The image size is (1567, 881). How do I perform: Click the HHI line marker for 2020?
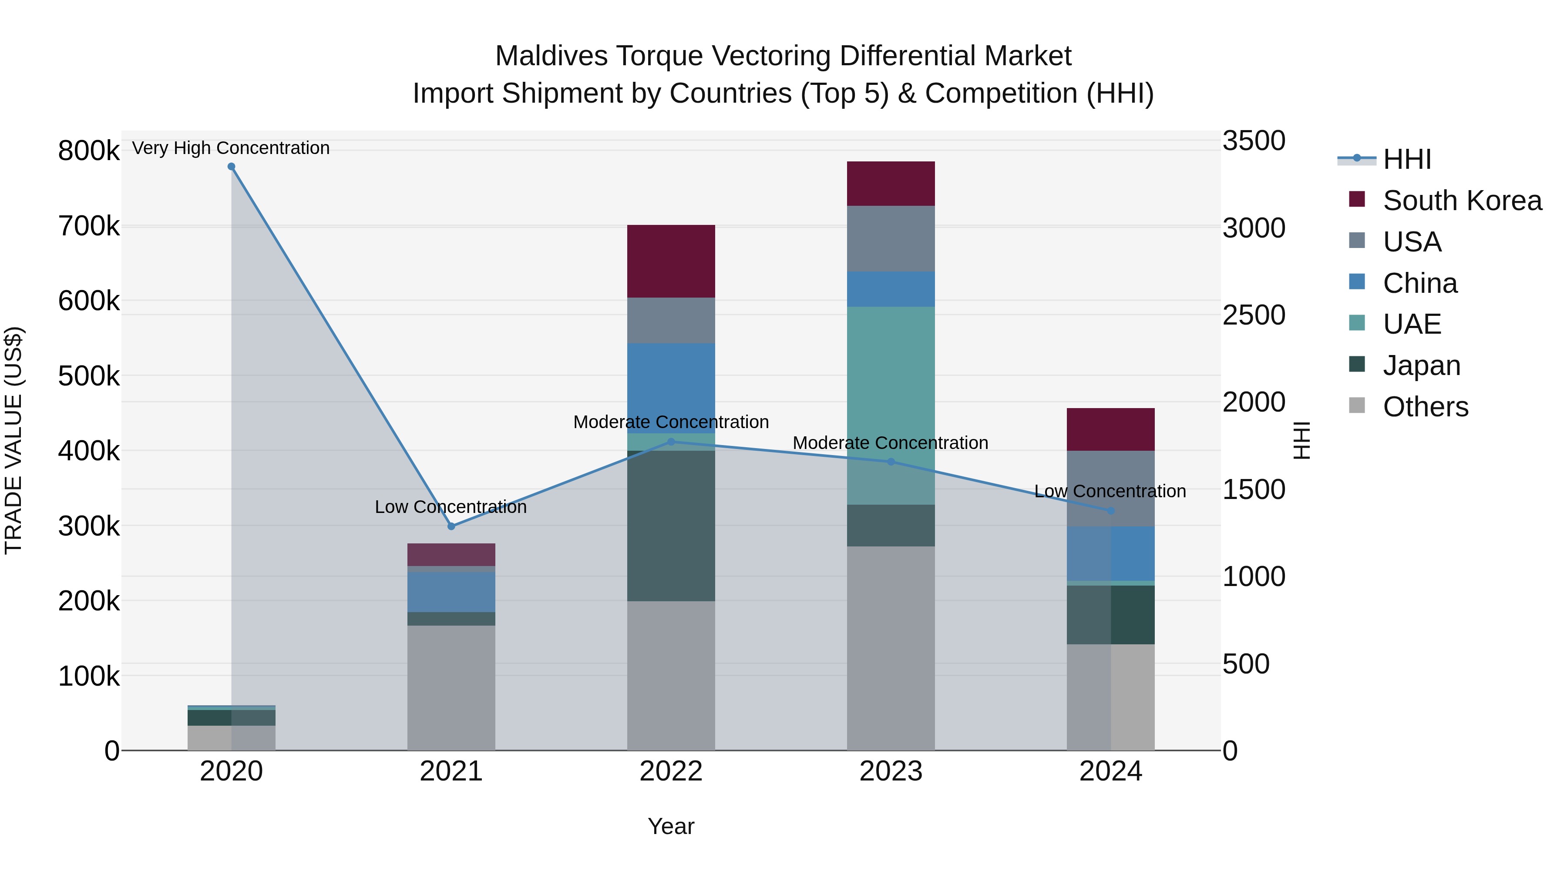click(x=231, y=167)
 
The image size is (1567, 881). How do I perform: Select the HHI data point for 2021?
click(x=451, y=526)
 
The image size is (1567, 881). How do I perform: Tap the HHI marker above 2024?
click(x=1111, y=511)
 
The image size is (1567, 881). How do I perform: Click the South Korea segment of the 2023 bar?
click(x=891, y=184)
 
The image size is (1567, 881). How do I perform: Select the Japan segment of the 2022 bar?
click(x=671, y=526)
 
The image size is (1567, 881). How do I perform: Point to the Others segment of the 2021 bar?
click(x=451, y=687)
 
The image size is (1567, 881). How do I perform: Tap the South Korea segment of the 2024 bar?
click(x=1111, y=429)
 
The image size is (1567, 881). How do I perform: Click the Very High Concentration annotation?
click(x=231, y=148)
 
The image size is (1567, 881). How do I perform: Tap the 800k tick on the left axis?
click(x=88, y=151)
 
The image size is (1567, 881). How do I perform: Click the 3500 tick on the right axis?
click(x=1254, y=141)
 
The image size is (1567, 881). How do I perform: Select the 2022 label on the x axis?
click(x=671, y=771)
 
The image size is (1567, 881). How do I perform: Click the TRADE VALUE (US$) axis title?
click(x=13, y=440)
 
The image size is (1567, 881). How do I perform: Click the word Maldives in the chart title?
click(x=551, y=56)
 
